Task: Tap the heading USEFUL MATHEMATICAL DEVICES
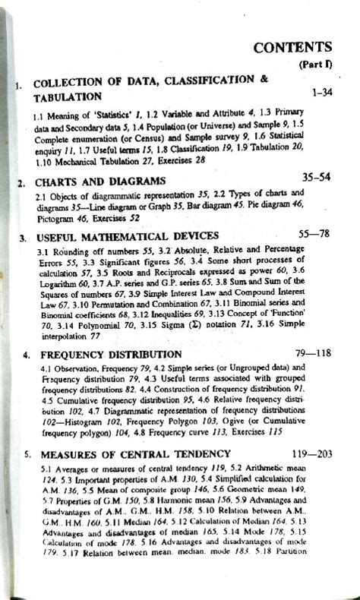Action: point(128,236)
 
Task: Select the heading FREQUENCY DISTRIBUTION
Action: point(111,355)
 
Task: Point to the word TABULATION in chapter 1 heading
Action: point(67,97)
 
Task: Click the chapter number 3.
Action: point(23,238)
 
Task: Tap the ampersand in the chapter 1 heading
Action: point(264,79)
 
